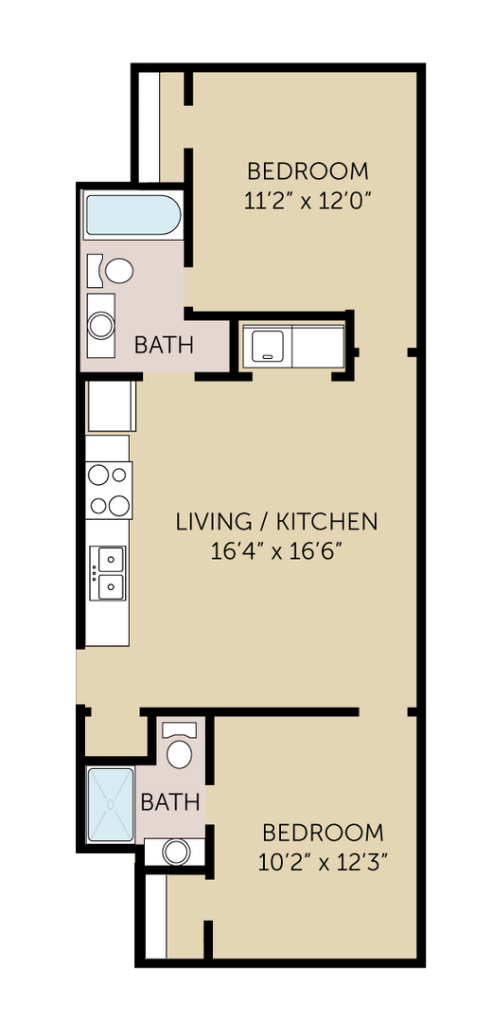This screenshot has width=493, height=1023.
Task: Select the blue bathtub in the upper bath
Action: [132, 215]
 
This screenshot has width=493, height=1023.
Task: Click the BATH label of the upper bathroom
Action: [164, 345]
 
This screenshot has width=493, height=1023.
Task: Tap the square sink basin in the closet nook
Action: [266, 345]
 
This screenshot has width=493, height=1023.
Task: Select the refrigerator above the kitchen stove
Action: [112, 406]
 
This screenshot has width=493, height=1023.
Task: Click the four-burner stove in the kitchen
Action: [109, 490]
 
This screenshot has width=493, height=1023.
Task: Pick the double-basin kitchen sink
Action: [109, 574]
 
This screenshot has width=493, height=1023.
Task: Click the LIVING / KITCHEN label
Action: [277, 521]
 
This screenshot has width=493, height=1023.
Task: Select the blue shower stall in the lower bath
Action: [111, 803]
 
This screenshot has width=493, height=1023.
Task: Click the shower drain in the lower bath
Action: [111, 803]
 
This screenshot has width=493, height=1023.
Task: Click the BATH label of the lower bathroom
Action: [170, 802]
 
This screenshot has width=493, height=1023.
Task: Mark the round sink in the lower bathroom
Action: [176, 852]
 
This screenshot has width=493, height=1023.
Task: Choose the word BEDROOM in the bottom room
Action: [324, 833]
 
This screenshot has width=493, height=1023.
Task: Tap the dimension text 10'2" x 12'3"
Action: [324, 862]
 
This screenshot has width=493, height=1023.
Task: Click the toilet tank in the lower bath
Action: [179, 729]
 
